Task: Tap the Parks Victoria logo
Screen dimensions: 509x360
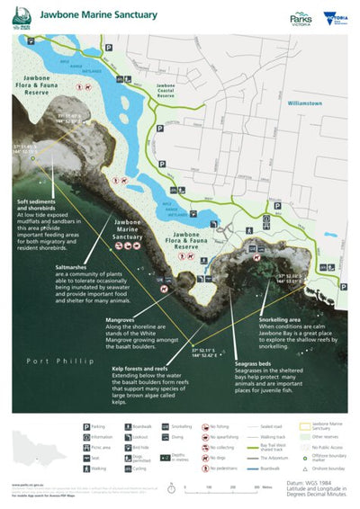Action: coord(301,17)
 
